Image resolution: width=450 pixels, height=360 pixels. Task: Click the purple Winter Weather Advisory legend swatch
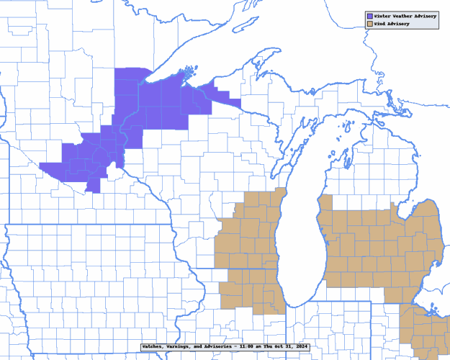(368, 15)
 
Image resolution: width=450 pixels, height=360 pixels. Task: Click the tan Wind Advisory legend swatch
(368, 24)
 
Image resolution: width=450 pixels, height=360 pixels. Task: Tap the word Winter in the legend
(381, 15)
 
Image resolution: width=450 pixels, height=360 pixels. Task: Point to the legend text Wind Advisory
(391, 24)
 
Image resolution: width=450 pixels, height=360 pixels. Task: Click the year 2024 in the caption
(305, 346)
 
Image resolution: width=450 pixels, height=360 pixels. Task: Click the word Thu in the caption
(272, 346)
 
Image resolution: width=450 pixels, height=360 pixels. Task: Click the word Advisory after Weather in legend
(423, 15)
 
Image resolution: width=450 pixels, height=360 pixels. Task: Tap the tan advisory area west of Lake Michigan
(248, 245)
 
